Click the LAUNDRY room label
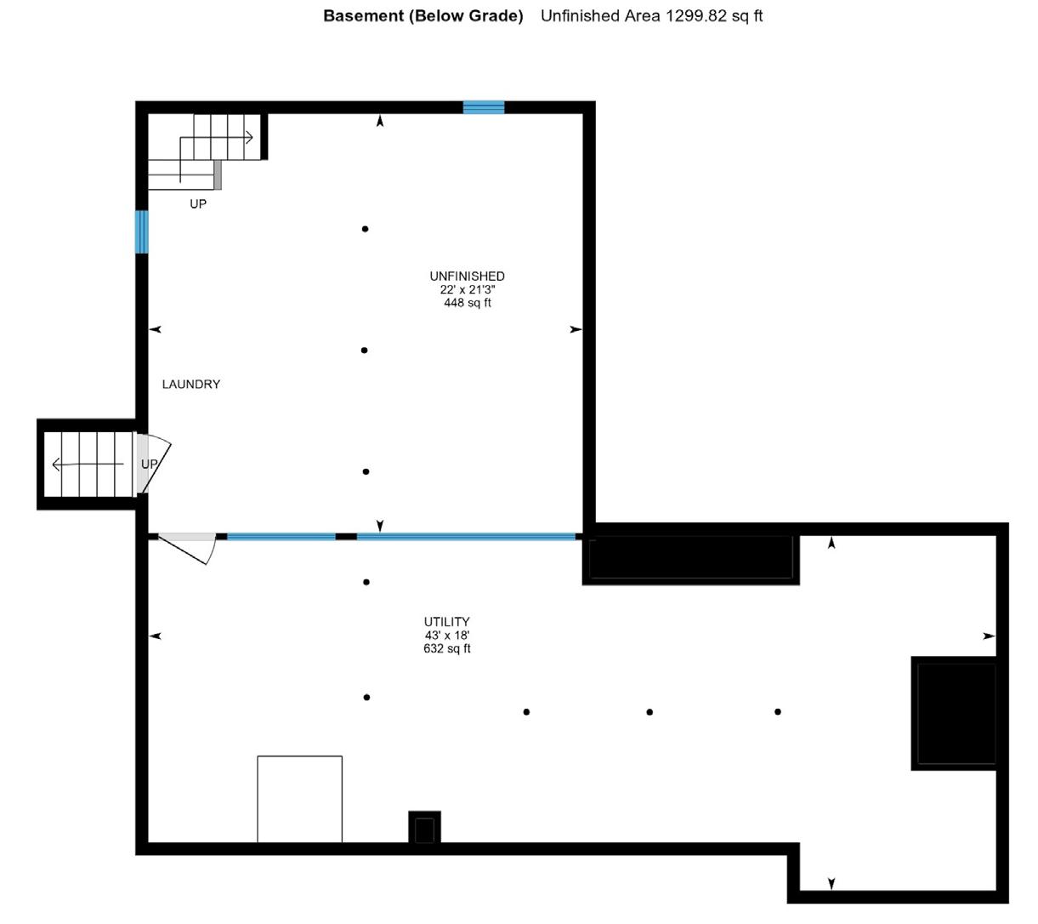coord(191,385)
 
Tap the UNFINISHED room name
coord(467,277)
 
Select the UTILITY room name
coord(447,622)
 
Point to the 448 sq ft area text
coord(467,303)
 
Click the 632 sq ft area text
coord(447,648)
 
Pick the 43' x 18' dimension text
coord(447,636)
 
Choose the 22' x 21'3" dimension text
coord(467,289)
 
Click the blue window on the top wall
coord(484,107)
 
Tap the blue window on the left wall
coord(142,231)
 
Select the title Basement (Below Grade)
coord(423,16)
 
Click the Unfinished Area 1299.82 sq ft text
coord(651,16)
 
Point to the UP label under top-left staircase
coord(198,204)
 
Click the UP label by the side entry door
coord(150,464)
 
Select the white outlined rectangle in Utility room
coord(300,799)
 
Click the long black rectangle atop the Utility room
coord(690,559)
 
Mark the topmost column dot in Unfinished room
coord(366,229)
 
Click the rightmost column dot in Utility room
coord(778,711)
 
